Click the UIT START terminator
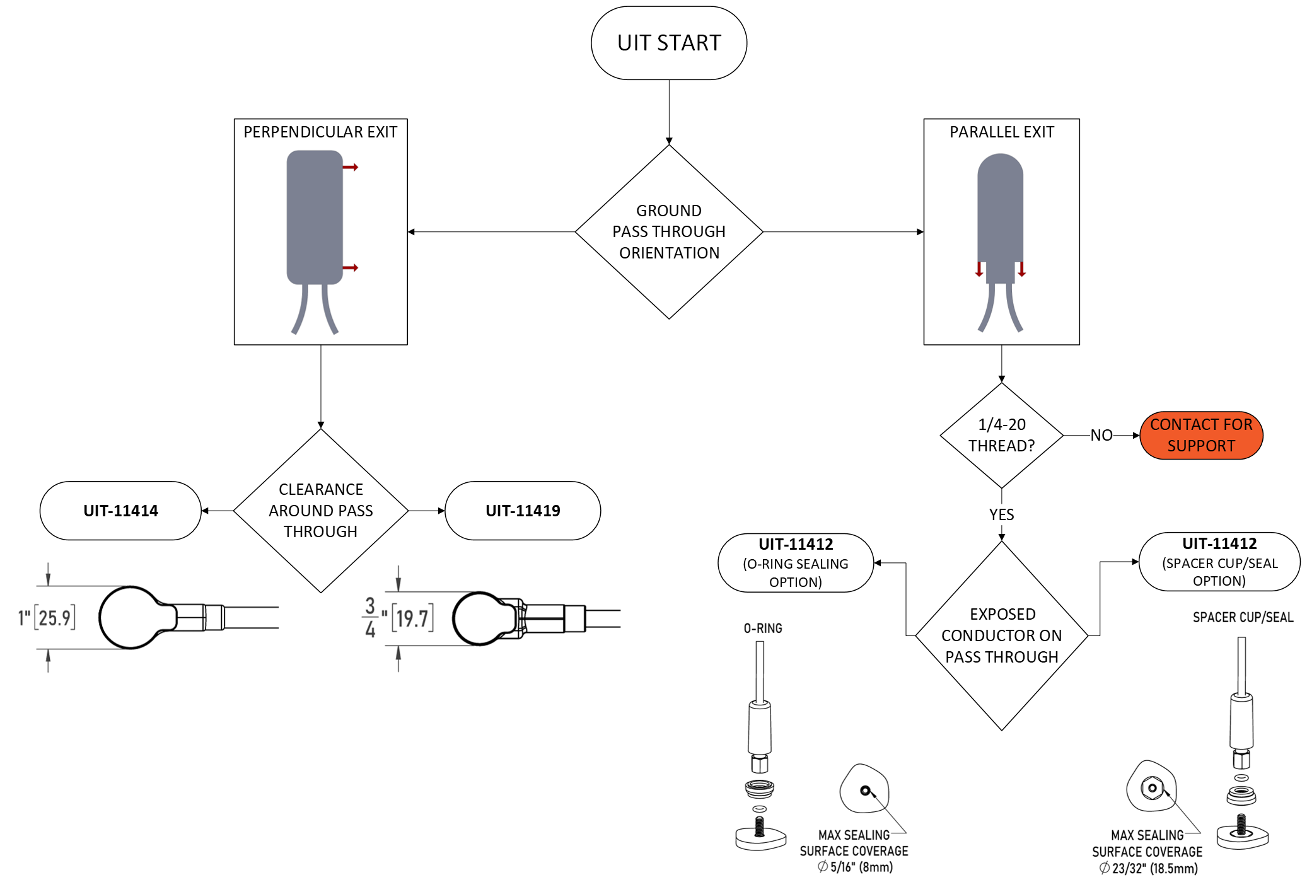tap(668, 43)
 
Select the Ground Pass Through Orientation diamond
tap(668, 231)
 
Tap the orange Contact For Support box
tap(1200, 435)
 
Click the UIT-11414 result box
tap(120, 511)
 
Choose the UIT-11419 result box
tap(523, 511)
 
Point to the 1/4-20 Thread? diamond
tap(1001, 435)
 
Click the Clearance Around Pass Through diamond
tap(320, 511)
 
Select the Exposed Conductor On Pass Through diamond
tap(1001, 635)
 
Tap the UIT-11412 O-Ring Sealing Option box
tap(796, 562)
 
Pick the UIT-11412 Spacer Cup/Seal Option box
tap(1219, 562)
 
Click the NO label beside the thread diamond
tap(1101, 436)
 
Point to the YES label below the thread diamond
tap(1001, 514)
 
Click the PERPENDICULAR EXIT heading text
tap(320, 132)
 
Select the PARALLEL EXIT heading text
tap(1001, 132)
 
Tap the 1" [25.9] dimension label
tap(47, 618)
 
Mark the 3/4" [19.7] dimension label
tap(398, 618)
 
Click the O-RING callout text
tap(762, 629)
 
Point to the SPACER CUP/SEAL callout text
tap(1242, 618)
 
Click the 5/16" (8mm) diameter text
tap(856, 867)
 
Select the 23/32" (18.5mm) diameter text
tap(1148, 869)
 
